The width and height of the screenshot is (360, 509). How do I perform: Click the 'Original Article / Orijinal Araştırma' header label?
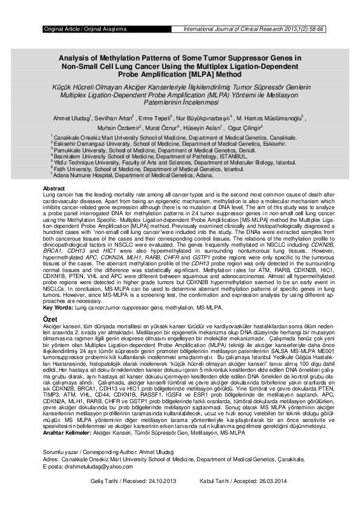coord(85,29)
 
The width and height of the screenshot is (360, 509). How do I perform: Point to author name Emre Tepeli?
coord(154,117)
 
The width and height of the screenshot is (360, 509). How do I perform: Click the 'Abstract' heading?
coord(54,189)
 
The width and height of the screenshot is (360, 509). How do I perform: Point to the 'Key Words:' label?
coord(57,308)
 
